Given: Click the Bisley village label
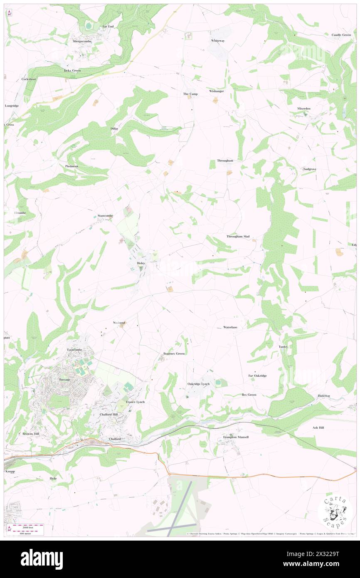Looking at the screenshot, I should (141, 263).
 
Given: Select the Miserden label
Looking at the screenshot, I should (303, 109).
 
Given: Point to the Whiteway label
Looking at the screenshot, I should (217, 41).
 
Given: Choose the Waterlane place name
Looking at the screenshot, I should (230, 327).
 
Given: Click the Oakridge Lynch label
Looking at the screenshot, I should (198, 384).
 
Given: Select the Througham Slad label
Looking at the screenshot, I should (238, 237).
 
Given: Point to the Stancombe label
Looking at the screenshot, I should (105, 216).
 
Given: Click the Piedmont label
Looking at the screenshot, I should (72, 166).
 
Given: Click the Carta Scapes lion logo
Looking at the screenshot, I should (335, 510).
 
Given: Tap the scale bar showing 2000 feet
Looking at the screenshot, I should (28, 526).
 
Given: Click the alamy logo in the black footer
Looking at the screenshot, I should (42, 559).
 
